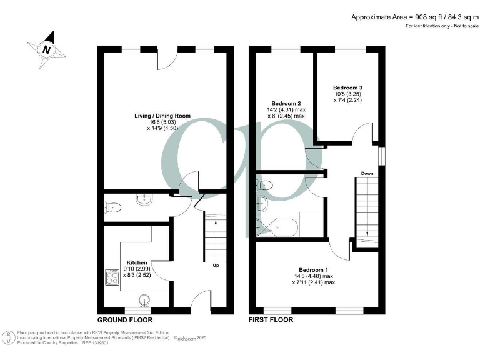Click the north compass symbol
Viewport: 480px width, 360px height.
(x=46, y=48)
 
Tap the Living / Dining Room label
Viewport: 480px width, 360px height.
(x=162, y=116)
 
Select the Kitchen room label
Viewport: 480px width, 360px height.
(x=137, y=262)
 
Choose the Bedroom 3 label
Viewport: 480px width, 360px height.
(x=347, y=87)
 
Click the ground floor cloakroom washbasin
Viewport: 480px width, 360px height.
(x=143, y=201)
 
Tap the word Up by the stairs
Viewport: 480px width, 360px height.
(x=216, y=266)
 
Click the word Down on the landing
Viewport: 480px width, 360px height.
(x=367, y=173)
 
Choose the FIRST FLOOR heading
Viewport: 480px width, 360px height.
(x=271, y=319)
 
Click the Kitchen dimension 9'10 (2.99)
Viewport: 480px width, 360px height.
(x=137, y=269)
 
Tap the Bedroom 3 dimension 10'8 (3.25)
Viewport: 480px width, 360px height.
(x=347, y=94)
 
